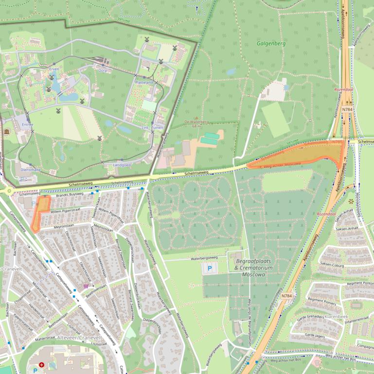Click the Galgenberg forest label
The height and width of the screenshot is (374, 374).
pos(271,44)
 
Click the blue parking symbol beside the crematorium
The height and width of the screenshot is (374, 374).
pos(211,268)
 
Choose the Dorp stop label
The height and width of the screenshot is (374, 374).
pos(103,70)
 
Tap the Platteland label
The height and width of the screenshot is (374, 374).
pos(144,83)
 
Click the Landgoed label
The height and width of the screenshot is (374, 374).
pos(122,165)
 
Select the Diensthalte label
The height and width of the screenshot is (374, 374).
pos(30,170)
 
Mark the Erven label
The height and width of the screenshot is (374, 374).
pos(54,69)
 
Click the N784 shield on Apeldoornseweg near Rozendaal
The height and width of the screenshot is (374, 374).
pos(347,110)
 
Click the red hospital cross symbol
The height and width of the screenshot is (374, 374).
pos(42,364)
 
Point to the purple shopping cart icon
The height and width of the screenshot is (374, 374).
pos(86,286)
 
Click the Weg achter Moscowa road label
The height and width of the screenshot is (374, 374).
pos(282,165)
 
